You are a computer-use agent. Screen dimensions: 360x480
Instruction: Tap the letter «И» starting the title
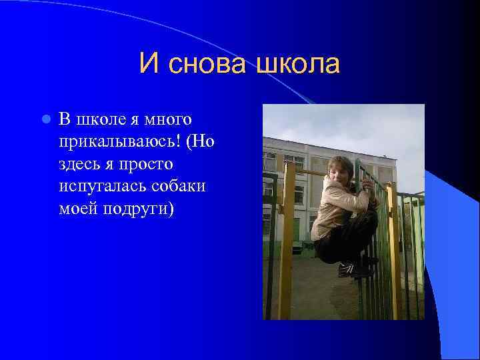point(149,65)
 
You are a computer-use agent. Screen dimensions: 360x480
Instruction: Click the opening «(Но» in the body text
point(199,142)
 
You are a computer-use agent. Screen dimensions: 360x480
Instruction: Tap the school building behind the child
point(293,173)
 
